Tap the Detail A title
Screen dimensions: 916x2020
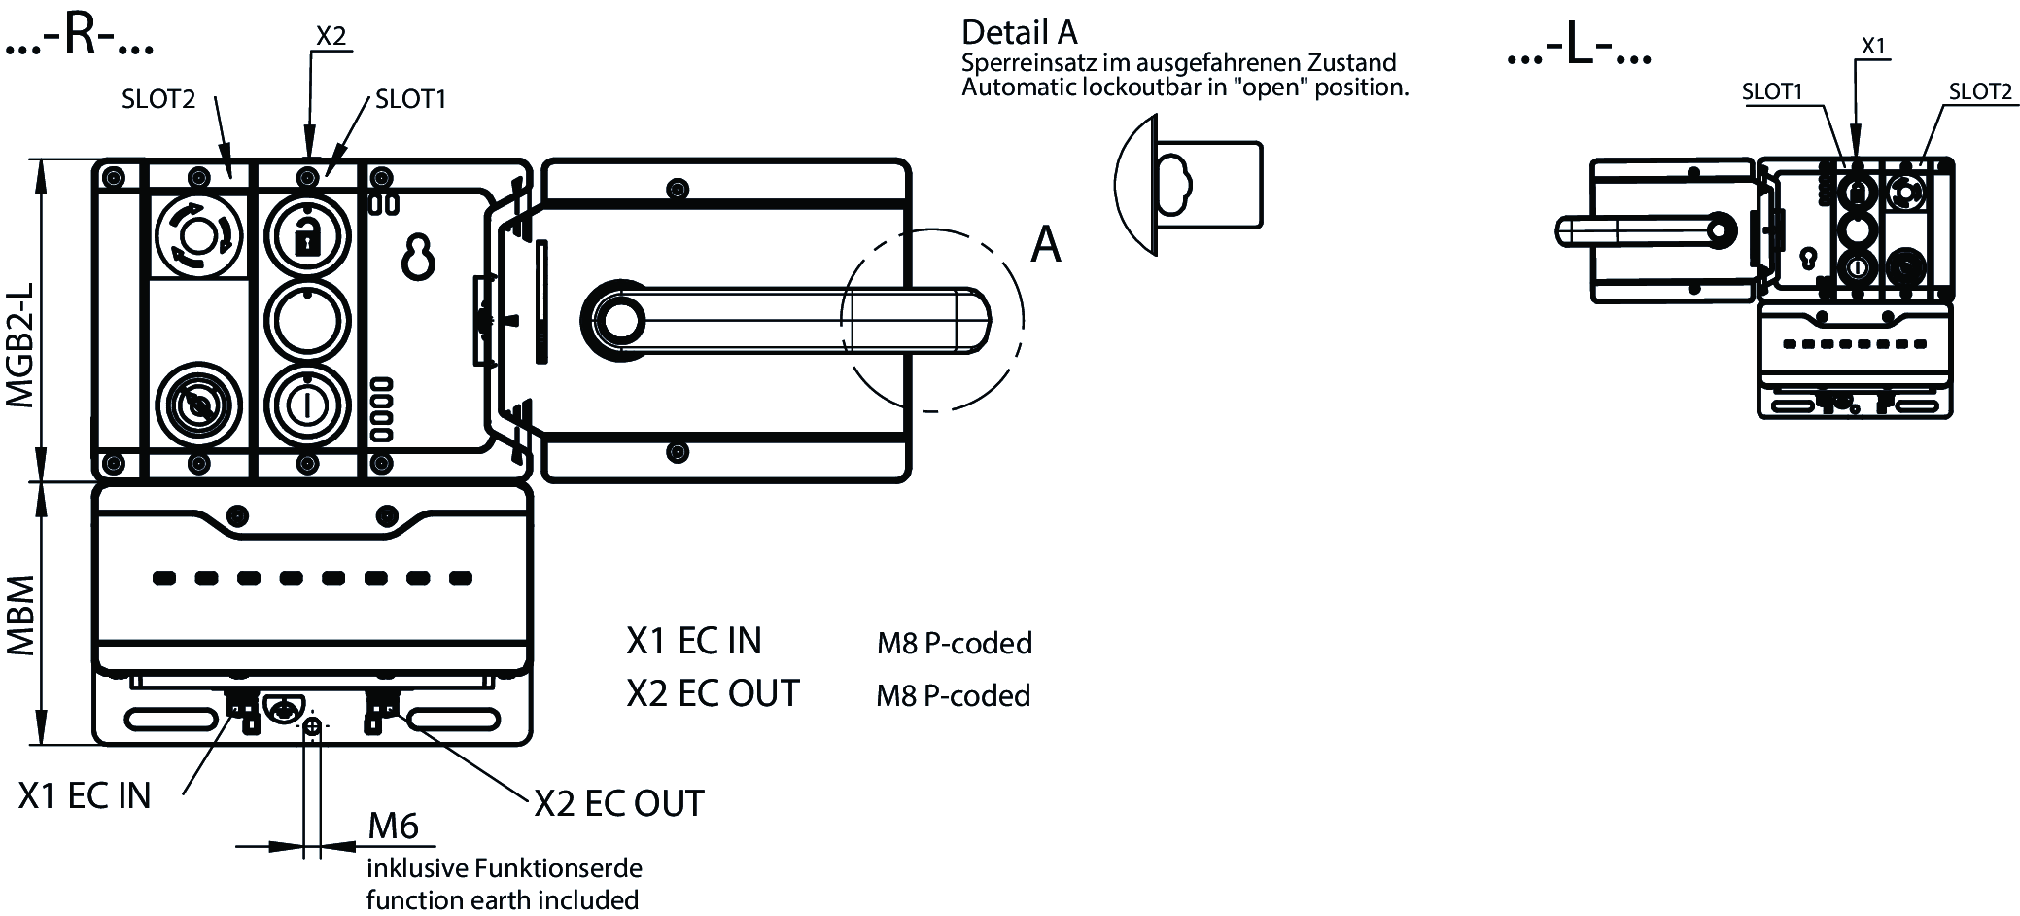(1019, 33)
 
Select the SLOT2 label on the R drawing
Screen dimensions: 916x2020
(158, 98)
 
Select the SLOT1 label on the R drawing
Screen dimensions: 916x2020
(410, 98)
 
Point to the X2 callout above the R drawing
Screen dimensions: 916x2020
(331, 36)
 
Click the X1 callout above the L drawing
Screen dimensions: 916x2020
(1873, 46)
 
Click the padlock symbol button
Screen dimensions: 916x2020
(307, 234)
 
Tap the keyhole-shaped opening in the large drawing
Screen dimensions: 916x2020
(419, 256)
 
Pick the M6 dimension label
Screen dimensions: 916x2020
(393, 826)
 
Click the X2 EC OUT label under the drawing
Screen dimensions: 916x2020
(619, 803)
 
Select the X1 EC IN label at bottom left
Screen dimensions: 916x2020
(85, 795)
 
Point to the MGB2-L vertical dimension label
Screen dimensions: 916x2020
(21, 344)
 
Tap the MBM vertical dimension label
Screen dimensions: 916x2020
(21, 615)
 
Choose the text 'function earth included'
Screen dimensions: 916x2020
(502, 899)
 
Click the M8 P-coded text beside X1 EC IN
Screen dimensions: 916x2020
(954, 643)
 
